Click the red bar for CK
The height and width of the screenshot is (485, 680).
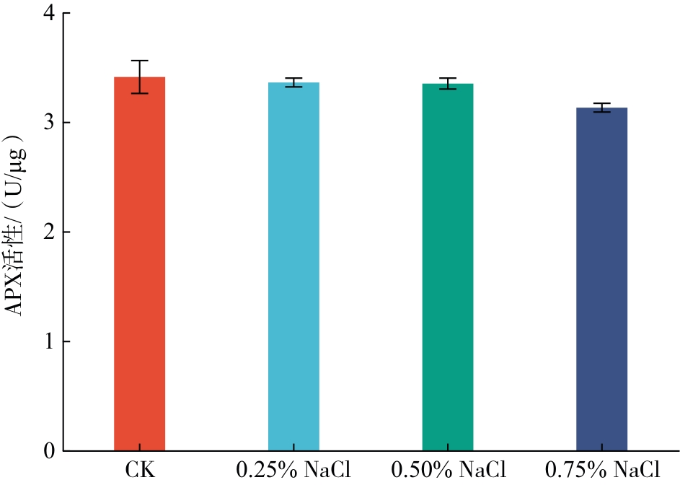click(x=140, y=263)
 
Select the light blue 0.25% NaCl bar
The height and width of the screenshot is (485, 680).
click(x=293, y=266)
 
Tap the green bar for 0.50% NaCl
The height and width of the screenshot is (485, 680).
click(x=448, y=267)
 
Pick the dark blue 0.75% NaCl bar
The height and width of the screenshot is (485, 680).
click(x=602, y=279)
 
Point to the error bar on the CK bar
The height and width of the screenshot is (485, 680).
click(x=140, y=77)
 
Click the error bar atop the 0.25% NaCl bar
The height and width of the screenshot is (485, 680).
click(x=293, y=82)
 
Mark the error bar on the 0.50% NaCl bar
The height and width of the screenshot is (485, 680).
click(x=448, y=84)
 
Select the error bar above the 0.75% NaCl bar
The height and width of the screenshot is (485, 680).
click(x=602, y=108)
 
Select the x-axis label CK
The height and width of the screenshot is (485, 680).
click(x=140, y=470)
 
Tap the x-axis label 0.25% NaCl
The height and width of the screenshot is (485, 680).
click(x=293, y=470)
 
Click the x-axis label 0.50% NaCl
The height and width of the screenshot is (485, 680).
click(x=448, y=470)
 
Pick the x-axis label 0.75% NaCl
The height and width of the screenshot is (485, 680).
click(x=602, y=470)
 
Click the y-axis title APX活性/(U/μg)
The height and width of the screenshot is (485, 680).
click(x=16, y=225)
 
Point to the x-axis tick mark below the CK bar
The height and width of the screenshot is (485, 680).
click(x=140, y=447)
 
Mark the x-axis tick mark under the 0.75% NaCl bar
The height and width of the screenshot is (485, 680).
click(x=602, y=447)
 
